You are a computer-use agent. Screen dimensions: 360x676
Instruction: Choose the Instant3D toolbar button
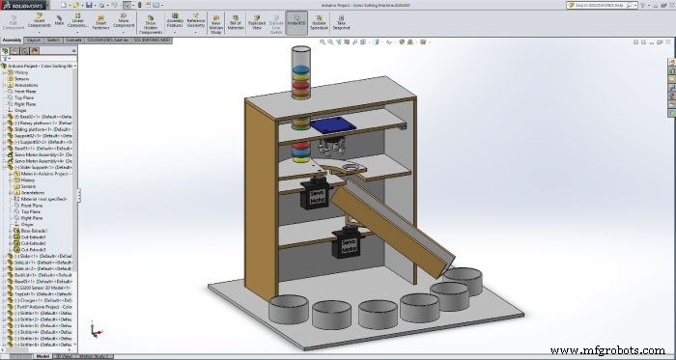pyautogui.click(x=297, y=22)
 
